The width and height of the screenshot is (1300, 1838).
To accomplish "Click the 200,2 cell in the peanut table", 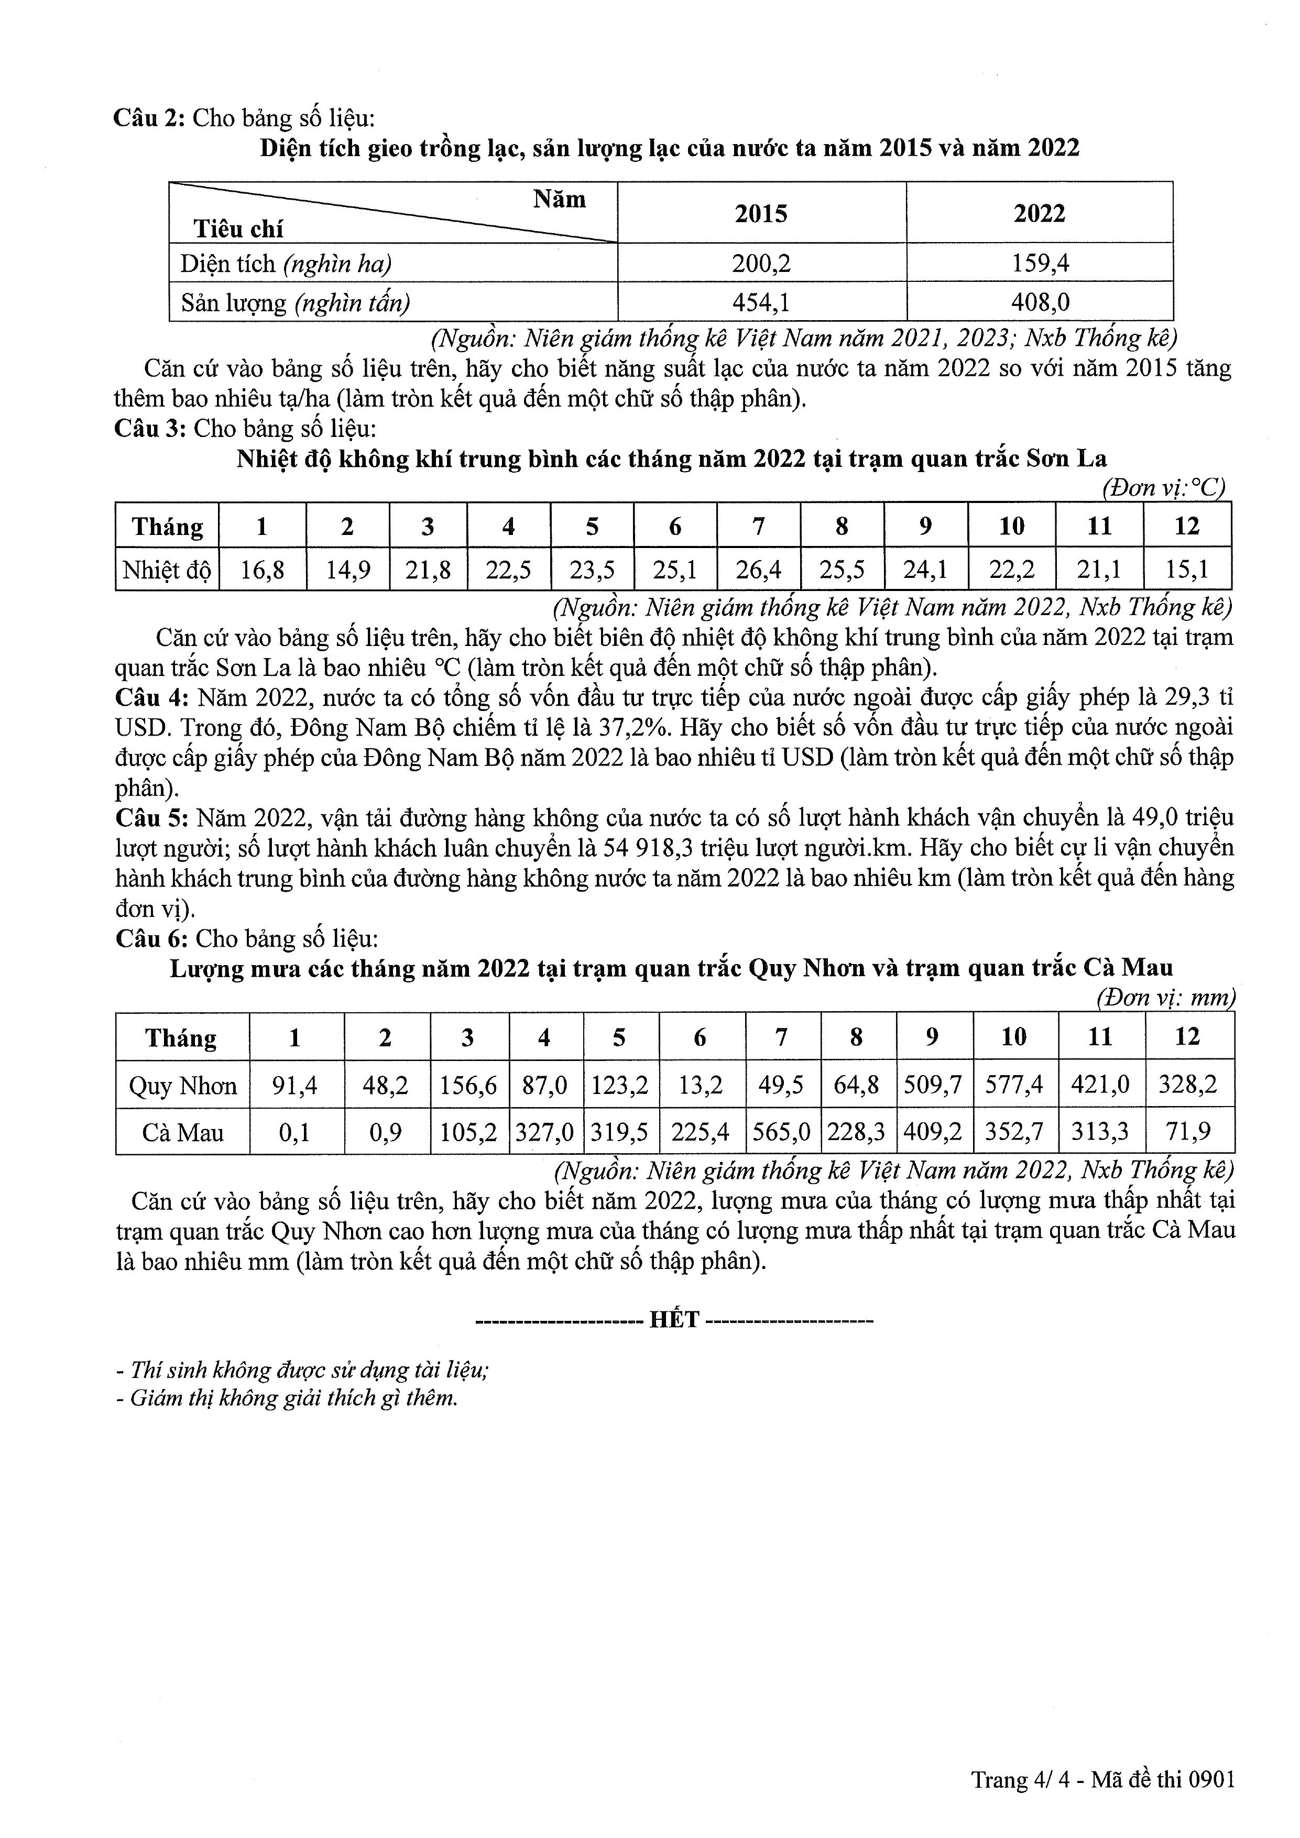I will click(x=761, y=264).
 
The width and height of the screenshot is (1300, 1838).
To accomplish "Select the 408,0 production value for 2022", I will click(x=1040, y=302).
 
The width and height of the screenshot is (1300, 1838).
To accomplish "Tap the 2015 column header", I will click(x=761, y=213).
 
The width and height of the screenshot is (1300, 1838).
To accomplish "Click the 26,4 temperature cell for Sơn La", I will click(x=758, y=570).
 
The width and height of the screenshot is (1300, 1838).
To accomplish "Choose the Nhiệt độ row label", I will click(x=167, y=570).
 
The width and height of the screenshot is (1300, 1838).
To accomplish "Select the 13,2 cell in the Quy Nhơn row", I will click(x=701, y=1085).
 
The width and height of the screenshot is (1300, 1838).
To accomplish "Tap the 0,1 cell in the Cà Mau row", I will click(x=294, y=1132).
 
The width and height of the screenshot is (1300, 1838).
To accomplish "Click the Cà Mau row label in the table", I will click(x=182, y=1132).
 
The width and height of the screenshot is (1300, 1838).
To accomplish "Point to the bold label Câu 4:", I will click(x=152, y=697).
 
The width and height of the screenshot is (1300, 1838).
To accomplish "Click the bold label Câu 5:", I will click(x=152, y=818).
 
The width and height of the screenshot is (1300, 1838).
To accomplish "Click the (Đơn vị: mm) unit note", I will click(x=1165, y=998).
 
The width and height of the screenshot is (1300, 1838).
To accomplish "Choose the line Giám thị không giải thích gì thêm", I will click(x=288, y=1398).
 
